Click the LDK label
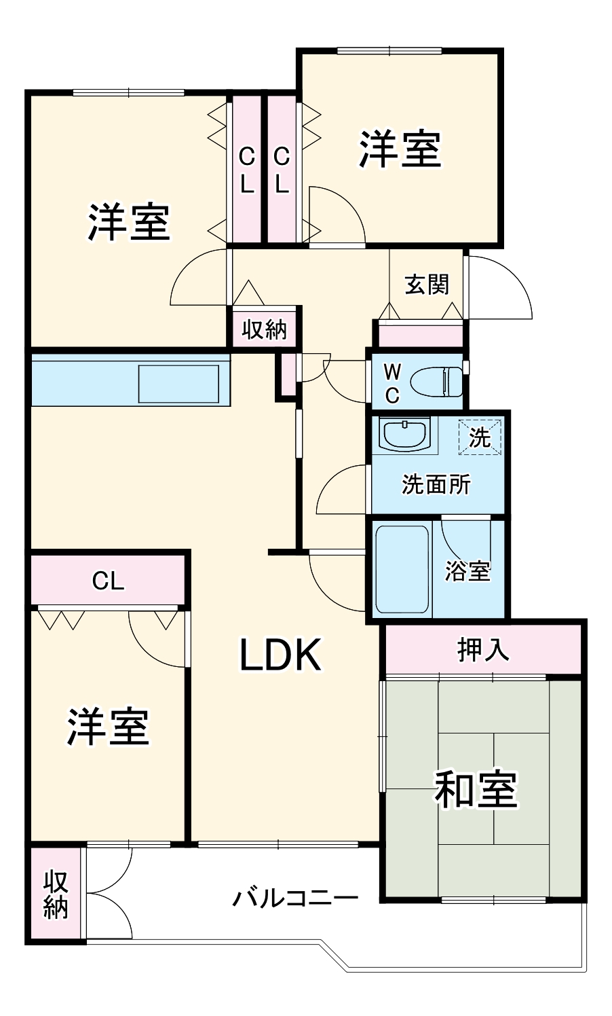(x=280, y=655)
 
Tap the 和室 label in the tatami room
(x=476, y=790)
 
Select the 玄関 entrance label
(x=427, y=284)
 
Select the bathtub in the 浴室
(x=402, y=569)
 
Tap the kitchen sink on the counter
(x=178, y=384)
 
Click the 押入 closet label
(x=483, y=650)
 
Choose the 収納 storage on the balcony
(x=56, y=894)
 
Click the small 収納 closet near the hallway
(x=265, y=329)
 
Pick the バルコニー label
(x=295, y=898)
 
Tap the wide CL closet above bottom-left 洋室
(x=108, y=581)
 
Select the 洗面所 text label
(x=436, y=484)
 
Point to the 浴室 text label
(x=467, y=571)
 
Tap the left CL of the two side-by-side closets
(x=246, y=170)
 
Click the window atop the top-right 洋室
(x=389, y=50)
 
